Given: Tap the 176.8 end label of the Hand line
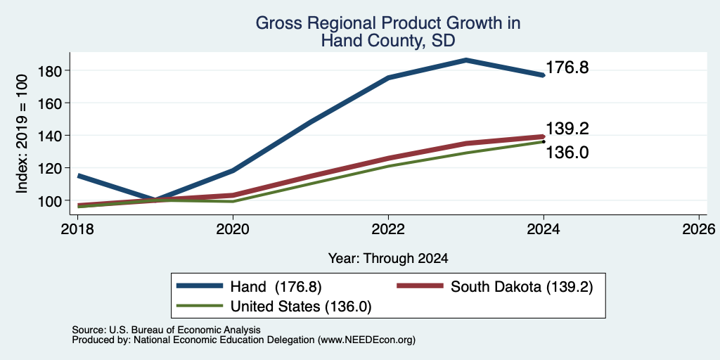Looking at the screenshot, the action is pyautogui.click(x=567, y=67).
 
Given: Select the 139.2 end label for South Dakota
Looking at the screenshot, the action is pyautogui.click(x=567, y=129).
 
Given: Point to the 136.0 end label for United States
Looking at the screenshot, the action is pyautogui.click(x=567, y=153).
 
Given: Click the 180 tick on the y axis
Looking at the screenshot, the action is pyautogui.click(x=50, y=71).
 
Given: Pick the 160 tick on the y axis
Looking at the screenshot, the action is pyautogui.click(x=50, y=103).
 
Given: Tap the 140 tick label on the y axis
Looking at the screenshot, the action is pyautogui.click(x=50, y=136).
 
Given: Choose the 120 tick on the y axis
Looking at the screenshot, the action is pyautogui.click(x=50, y=168).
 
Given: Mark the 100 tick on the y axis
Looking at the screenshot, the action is pyautogui.click(x=50, y=200).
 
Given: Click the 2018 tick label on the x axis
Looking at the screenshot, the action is pyautogui.click(x=77, y=229).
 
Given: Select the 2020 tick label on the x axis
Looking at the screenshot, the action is pyautogui.click(x=233, y=229).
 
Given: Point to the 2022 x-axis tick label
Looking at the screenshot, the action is pyautogui.click(x=388, y=229).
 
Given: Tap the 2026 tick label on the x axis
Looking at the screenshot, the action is pyautogui.click(x=699, y=229).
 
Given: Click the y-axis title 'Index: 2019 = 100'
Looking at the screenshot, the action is pyautogui.click(x=22, y=134).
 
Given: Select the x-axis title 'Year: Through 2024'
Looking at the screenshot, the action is pyautogui.click(x=388, y=259).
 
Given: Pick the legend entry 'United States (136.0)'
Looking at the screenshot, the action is pyautogui.click(x=274, y=307).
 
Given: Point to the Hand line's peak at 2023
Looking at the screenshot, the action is pyautogui.click(x=465, y=60).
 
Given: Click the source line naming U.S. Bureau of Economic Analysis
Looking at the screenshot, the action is pyautogui.click(x=166, y=330).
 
